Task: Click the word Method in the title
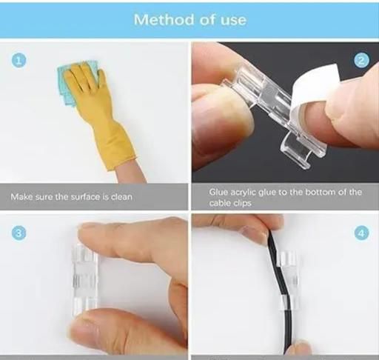[x=164, y=19]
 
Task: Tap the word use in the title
[x=233, y=20]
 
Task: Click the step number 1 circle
[x=19, y=60]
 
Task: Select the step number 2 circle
[x=361, y=61]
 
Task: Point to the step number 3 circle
[x=19, y=233]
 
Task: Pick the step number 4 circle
[x=361, y=233]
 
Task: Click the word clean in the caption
[x=121, y=197]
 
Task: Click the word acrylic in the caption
[x=244, y=193]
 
